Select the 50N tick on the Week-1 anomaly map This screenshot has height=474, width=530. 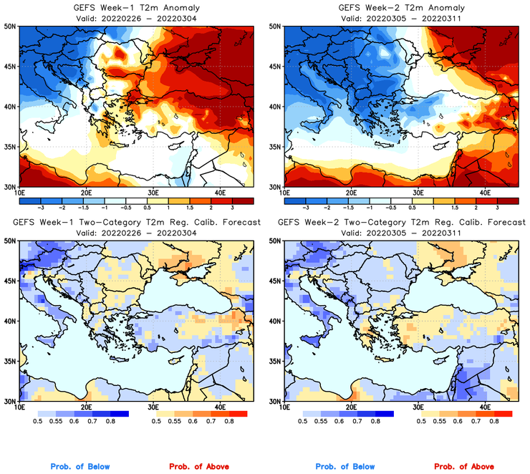click(x=11, y=26)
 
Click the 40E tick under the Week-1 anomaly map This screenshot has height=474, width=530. click(x=220, y=193)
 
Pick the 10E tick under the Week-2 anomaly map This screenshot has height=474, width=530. click(x=284, y=193)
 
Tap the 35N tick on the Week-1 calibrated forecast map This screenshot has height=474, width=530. click(x=11, y=361)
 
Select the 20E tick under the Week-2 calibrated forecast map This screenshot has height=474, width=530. click(x=351, y=407)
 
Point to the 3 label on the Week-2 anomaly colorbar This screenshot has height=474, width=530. click(x=498, y=206)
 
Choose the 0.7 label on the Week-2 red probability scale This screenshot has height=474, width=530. click(x=476, y=422)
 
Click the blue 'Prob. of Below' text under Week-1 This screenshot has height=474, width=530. click(x=81, y=467)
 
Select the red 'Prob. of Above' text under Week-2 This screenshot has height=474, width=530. click(x=463, y=467)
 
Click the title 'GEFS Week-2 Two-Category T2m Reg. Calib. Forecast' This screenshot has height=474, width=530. click(x=401, y=223)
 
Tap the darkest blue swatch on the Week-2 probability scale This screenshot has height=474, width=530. click(x=384, y=414)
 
